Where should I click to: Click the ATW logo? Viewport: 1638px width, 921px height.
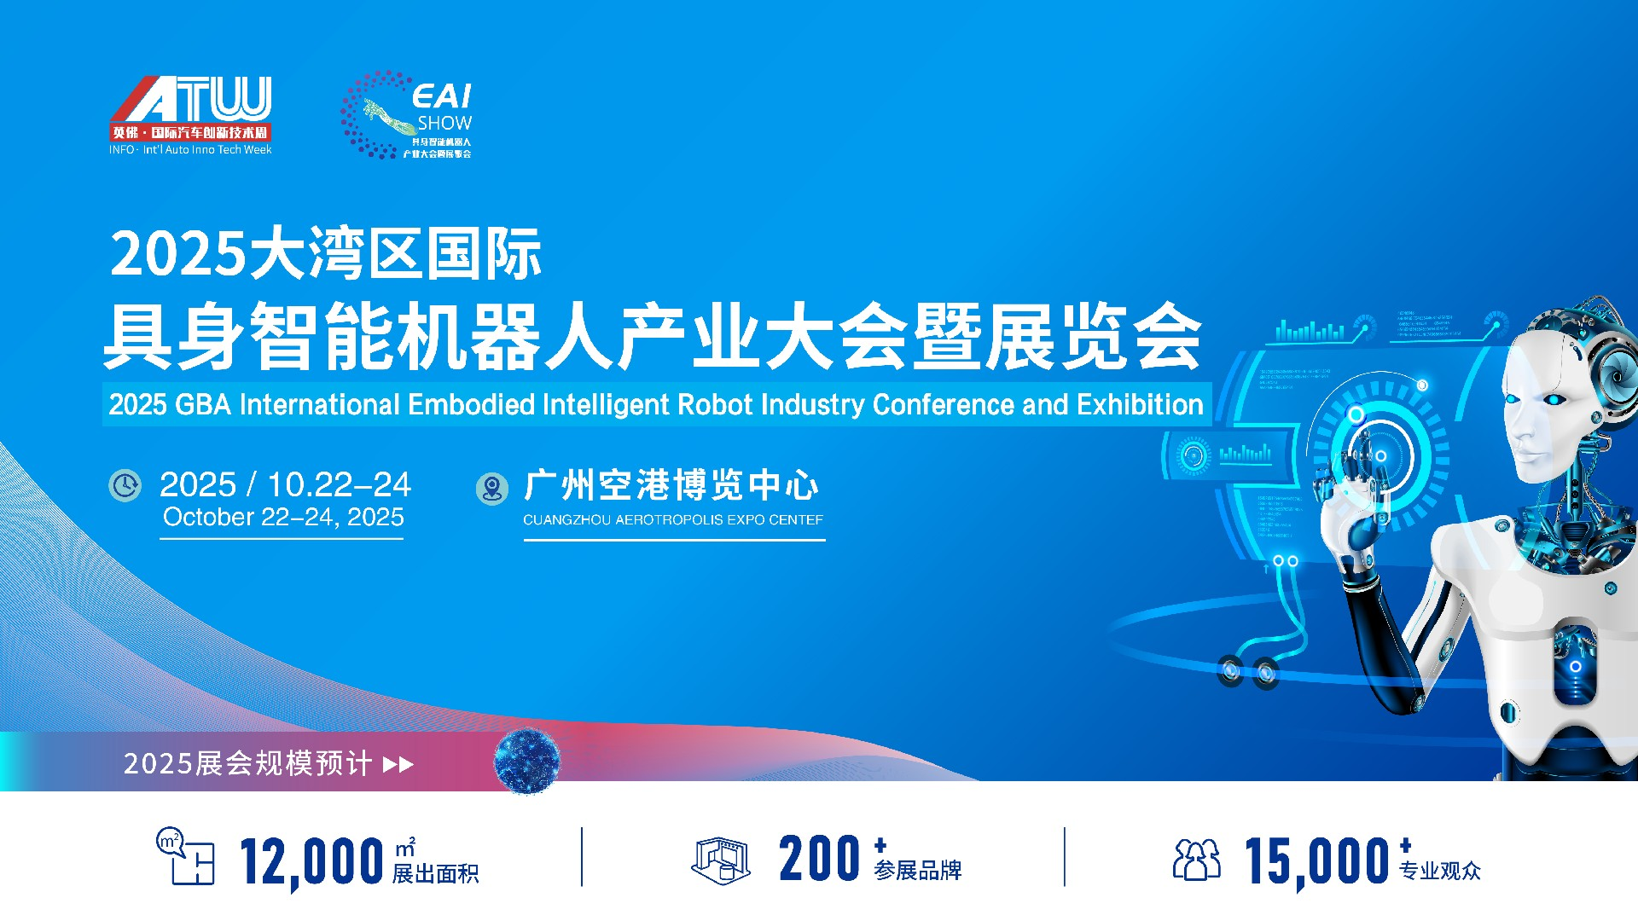point(190,111)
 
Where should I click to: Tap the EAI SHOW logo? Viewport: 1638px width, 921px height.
point(408,115)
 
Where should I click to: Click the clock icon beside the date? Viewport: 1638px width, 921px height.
point(125,485)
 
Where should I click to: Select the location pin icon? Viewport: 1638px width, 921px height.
point(491,489)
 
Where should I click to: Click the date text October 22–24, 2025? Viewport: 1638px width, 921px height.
point(283,518)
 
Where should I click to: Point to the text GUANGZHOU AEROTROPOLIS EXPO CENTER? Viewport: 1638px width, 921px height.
point(673,519)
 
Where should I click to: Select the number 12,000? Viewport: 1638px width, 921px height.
point(311,861)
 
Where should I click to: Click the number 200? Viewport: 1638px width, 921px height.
point(819,859)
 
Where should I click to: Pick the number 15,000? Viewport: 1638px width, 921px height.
point(1316,861)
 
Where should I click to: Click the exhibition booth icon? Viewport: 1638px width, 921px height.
point(721,860)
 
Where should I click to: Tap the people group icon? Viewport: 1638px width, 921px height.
point(1196,860)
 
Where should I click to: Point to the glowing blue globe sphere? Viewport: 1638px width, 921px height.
point(527,761)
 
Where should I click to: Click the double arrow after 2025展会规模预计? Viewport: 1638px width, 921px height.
point(398,764)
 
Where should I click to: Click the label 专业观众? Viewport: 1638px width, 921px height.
point(1440,871)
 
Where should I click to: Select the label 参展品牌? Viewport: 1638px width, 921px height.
point(918,871)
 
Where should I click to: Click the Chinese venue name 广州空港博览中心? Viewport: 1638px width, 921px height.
point(671,486)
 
